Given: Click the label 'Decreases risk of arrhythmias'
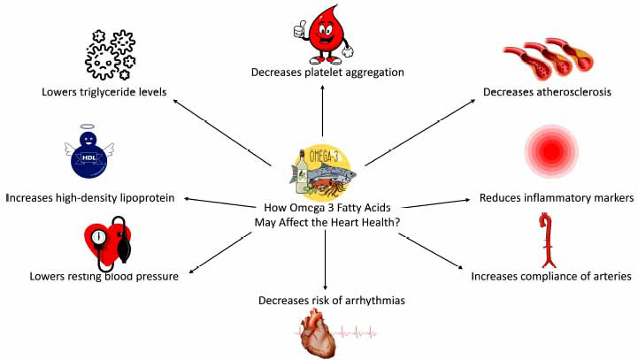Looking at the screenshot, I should click(x=326, y=300).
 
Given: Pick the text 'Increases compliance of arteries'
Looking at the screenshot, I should click(x=550, y=276).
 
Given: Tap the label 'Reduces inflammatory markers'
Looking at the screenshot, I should click(x=557, y=198).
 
